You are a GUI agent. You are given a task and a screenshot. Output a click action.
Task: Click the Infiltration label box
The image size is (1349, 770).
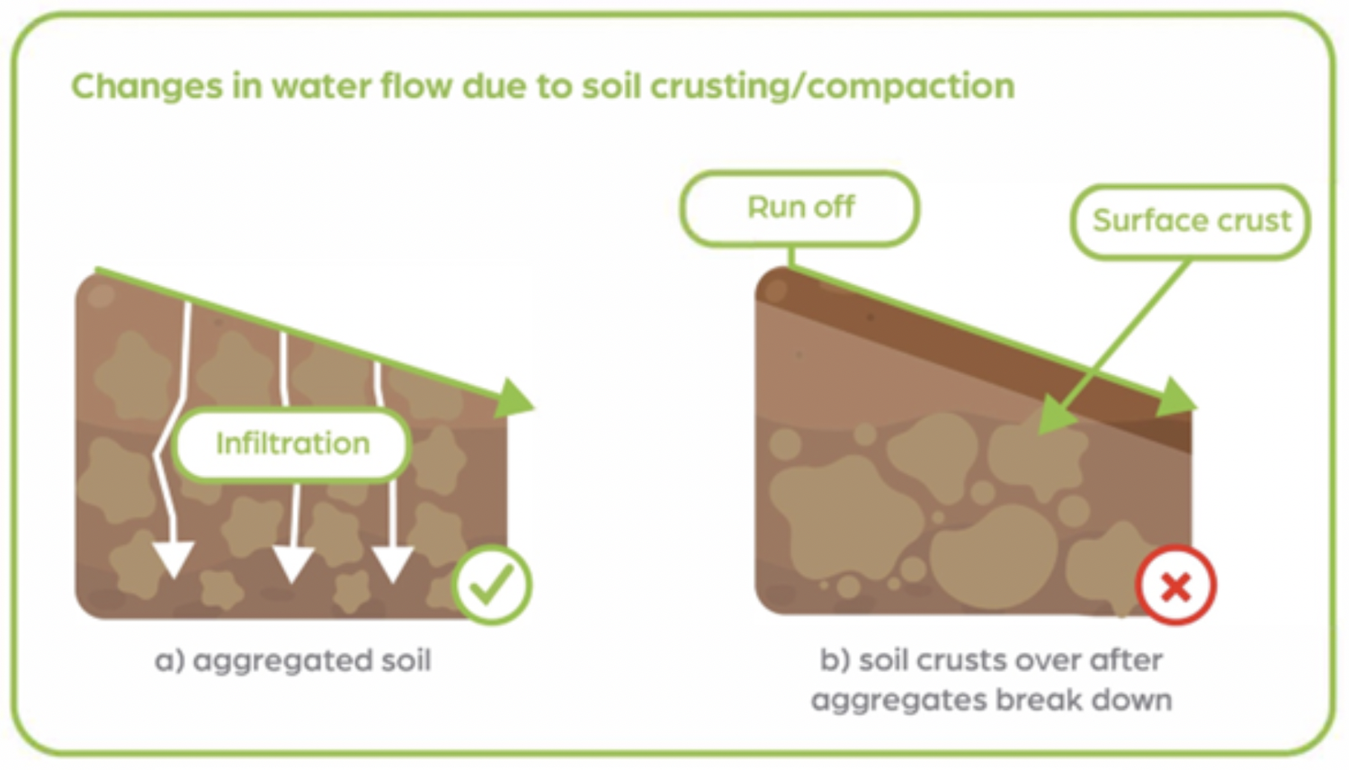(292, 443)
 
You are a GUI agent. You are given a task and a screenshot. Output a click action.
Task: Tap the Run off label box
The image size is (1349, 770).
(800, 208)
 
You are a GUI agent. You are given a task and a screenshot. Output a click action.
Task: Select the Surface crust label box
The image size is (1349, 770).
(1191, 221)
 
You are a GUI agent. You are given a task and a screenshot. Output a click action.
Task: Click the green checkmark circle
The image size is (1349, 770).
(492, 586)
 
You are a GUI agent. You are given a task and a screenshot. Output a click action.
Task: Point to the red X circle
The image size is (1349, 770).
(1175, 586)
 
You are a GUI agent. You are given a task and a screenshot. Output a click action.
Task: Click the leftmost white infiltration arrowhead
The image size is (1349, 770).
(172, 560)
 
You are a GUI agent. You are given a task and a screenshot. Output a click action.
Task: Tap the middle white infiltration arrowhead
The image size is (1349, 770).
(292, 563)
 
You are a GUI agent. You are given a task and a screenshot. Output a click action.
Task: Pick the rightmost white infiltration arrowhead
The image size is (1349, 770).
(393, 563)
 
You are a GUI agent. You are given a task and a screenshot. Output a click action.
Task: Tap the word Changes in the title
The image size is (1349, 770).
(146, 87)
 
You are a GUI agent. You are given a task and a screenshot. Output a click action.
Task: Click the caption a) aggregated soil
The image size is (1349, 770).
(293, 661)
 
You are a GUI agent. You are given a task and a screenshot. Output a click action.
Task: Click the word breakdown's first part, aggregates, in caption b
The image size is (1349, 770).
(885, 701)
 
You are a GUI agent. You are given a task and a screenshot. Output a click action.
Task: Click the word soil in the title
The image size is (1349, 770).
(612, 87)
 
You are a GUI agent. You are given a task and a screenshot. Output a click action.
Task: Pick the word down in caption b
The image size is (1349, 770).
(1132, 700)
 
